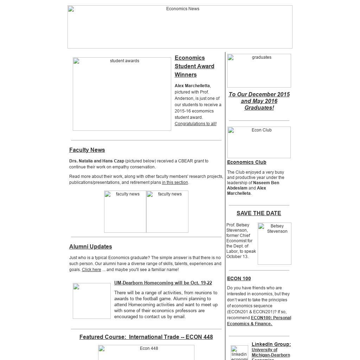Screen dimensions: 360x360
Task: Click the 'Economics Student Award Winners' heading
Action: [x=194, y=66]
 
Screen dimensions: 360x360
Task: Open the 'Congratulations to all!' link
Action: [x=195, y=124]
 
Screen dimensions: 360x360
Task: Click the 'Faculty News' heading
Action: [x=87, y=150]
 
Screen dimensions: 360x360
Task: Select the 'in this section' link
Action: [x=175, y=182]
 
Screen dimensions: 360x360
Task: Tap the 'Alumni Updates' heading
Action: [x=91, y=246]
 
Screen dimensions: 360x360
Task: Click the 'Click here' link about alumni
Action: [x=91, y=270]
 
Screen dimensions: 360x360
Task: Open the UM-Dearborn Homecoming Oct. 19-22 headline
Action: [x=163, y=283]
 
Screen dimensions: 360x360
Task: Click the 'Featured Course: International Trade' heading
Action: [x=146, y=337]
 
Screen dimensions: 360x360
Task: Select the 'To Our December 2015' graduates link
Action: [x=259, y=101]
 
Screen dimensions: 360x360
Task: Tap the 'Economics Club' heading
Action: [x=247, y=162]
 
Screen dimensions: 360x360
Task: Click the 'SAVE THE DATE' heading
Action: [x=259, y=213]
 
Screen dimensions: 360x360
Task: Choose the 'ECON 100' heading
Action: [x=239, y=278]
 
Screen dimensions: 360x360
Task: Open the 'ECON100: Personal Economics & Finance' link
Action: [x=259, y=321]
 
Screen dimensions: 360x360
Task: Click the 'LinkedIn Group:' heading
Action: [x=271, y=344]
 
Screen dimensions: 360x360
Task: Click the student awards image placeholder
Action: [x=122, y=94]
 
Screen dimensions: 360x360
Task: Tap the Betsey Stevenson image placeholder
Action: [x=275, y=243]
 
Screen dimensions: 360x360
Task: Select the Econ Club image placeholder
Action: [x=259, y=142]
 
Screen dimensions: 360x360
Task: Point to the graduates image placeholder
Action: [x=259, y=71]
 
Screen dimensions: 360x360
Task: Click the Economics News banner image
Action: [x=180, y=27]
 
